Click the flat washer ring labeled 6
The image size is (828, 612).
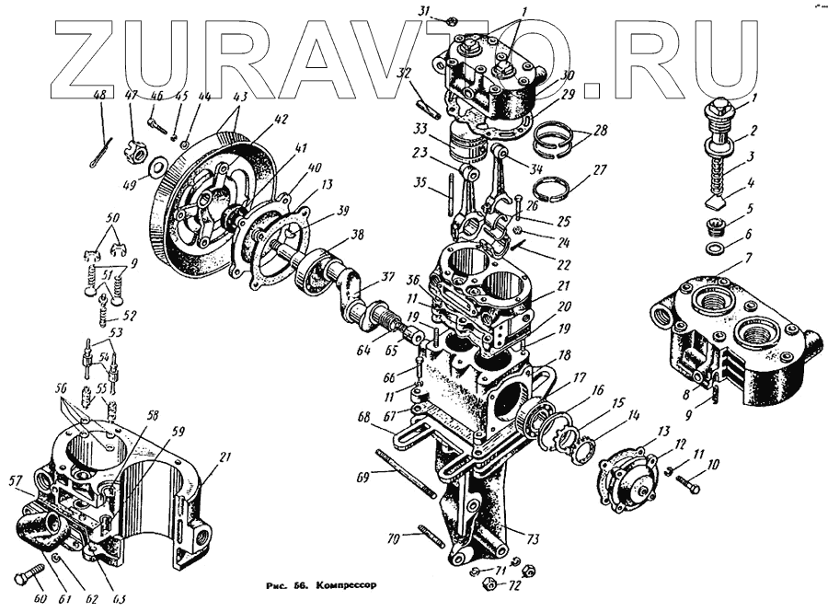pyautogui.click(x=715, y=248)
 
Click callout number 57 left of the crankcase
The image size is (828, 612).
pyautogui.click(x=15, y=479)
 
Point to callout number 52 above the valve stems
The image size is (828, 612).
pyautogui.click(x=130, y=315)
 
